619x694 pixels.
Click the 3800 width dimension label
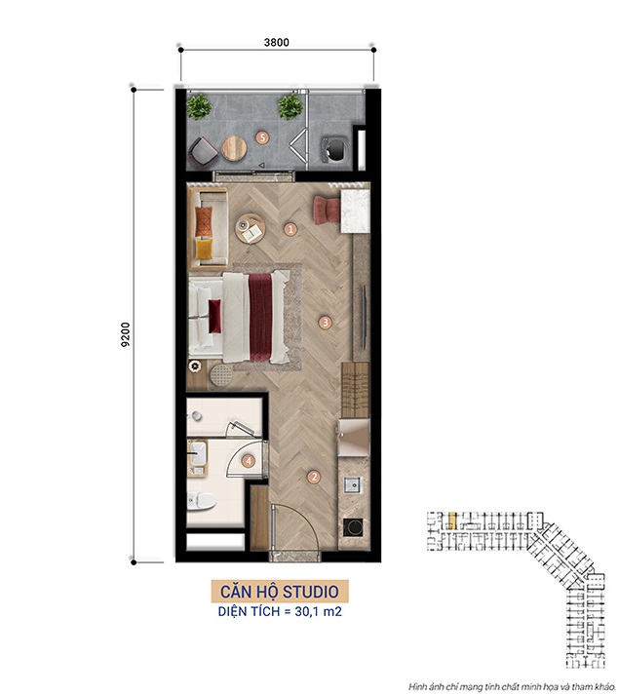click(276, 43)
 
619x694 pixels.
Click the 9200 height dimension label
click(126, 334)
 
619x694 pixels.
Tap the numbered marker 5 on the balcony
click(262, 137)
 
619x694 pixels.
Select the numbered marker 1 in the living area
click(290, 229)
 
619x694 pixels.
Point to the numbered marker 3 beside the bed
click(326, 322)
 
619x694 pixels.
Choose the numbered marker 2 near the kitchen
click(314, 477)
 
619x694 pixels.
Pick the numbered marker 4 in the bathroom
click(249, 461)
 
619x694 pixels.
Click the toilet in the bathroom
click(202, 501)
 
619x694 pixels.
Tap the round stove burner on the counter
click(354, 526)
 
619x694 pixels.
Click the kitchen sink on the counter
click(353, 485)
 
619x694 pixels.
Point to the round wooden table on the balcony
click(234, 148)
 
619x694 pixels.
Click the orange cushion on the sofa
click(204, 221)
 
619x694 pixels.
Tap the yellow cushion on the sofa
click(204, 249)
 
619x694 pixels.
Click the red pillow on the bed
click(214, 316)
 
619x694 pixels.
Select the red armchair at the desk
click(327, 211)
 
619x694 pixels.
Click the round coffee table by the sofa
click(251, 228)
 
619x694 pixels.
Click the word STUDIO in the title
click(311, 592)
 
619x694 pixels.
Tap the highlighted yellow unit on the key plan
click(452, 520)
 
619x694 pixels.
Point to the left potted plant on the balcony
click(198, 106)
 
